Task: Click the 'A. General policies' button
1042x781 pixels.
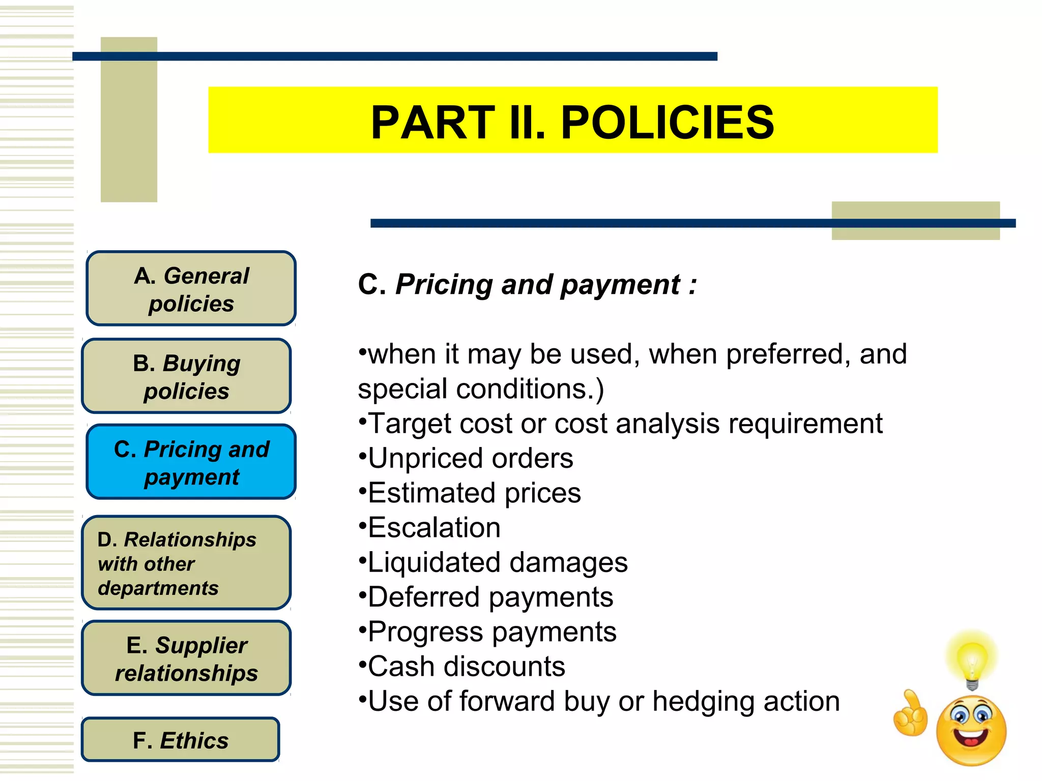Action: click(x=191, y=288)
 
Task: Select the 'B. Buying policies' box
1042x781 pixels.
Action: click(x=186, y=376)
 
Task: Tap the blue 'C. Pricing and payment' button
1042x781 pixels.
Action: click(x=191, y=462)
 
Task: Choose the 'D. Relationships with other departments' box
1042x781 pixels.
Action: click(x=186, y=563)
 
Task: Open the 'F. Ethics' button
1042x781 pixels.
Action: click(x=181, y=740)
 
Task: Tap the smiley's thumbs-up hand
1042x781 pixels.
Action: click(x=911, y=714)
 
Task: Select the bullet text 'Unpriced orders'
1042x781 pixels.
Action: click(x=470, y=458)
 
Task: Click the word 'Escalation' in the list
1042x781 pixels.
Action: click(x=434, y=527)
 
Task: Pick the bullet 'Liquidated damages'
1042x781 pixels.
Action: click(x=497, y=562)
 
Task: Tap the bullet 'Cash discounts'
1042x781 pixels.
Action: click(x=466, y=666)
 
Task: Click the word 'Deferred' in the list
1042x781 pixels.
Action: click(x=423, y=597)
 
